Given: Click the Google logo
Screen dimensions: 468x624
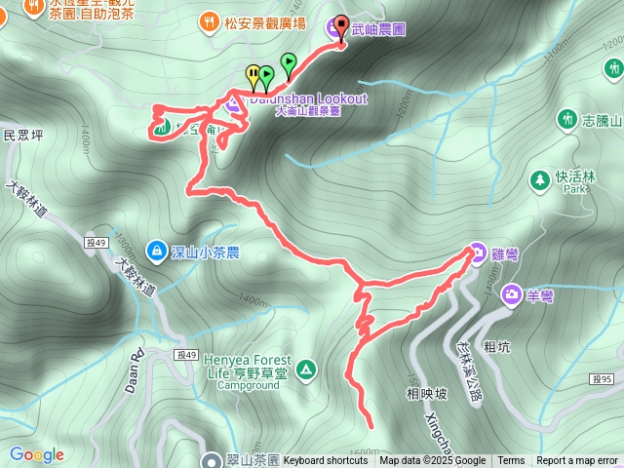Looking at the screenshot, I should click(x=37, y=454).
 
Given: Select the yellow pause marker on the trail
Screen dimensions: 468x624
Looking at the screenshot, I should click(x=253, y=74).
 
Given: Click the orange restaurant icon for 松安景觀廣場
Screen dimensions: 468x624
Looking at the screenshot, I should click(x=209, y=20).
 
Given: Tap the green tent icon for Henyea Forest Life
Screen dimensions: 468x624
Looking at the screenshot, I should click(x=305, y=370).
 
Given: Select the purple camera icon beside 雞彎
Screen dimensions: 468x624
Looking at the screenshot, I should click(x=476, y=252).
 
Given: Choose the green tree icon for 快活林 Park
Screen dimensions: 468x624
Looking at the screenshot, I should click(x=539, y=180).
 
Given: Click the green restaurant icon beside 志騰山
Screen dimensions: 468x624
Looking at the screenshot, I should click(x=566, y=119).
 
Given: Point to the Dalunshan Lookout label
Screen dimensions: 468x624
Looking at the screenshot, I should click(x=308, y=98).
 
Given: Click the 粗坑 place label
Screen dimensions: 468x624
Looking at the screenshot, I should click(x=497, y=346).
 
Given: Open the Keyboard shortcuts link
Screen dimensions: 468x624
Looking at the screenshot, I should click(x=326, y=461).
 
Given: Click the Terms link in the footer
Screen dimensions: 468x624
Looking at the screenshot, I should click(x=511, y=461).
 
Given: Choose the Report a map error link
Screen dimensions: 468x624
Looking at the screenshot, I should click(x=577, y=461).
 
